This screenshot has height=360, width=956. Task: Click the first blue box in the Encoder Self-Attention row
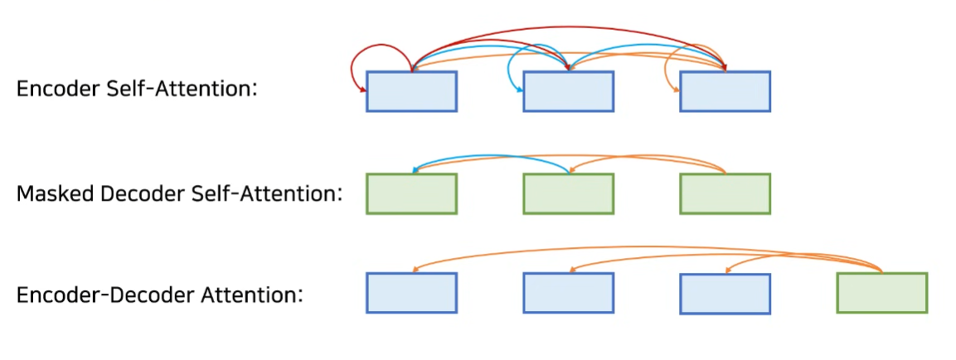coord(411,91)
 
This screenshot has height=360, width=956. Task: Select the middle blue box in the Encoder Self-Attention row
coord(568,91)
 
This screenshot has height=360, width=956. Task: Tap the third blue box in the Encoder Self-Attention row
coord(725,91)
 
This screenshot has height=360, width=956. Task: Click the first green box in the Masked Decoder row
coord(411,193)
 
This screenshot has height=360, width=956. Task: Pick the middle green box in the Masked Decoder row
coord(568,193)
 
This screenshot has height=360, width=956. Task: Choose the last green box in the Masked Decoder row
coord(725,193)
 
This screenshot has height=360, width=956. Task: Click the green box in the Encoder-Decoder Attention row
coord(881,294)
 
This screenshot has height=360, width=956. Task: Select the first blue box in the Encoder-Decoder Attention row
coord(411,294)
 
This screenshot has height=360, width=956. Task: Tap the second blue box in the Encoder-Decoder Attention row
coord(568,294)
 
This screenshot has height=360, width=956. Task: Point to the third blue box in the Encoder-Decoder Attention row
coord(725,294)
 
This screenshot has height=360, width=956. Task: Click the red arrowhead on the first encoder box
coord(363,91)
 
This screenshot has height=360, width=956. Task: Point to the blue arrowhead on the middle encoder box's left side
coord(520,91)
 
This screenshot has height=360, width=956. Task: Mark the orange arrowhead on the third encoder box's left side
coord(677,91)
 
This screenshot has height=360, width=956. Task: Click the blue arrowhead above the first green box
coord(414,170)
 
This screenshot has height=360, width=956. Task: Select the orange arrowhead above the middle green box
coord(570,170)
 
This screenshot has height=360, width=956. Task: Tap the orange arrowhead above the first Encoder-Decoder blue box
coord(415,270)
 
